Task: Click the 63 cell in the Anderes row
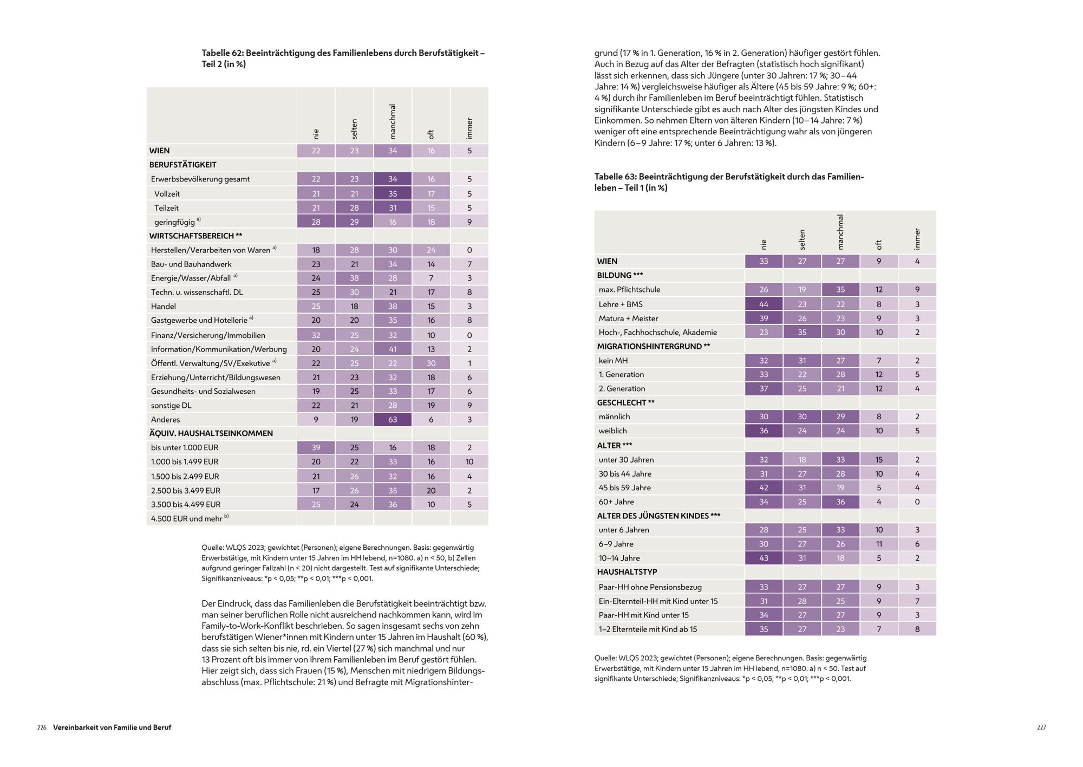(393, 419)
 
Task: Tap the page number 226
(42, 727)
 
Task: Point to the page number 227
(1041, 727)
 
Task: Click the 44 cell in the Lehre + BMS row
(764, 304)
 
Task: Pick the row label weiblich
(612, 431)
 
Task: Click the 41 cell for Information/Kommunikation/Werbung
(393, 349)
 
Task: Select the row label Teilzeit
(166, 207)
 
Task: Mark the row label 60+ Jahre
(616, 502)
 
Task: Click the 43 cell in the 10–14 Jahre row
(764, 558)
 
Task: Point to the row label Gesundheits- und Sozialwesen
(203, 391)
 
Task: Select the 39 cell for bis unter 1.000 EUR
(316, 447)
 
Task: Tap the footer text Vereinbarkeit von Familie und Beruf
(112, 727)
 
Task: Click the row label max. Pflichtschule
(629, 289)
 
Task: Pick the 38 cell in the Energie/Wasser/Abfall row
(354, 278)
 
